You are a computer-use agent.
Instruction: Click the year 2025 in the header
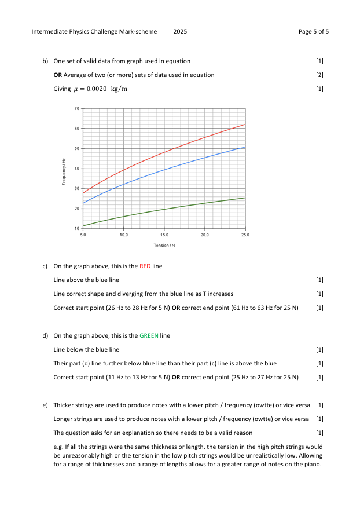pos(180,31)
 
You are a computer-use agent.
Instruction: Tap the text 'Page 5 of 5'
pos(314,31)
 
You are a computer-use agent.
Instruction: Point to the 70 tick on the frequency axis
pos(76,108)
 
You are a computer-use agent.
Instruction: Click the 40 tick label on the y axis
pos(76,169)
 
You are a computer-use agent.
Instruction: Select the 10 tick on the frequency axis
pos(76,229)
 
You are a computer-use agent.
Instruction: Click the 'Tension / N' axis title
pos(164,246)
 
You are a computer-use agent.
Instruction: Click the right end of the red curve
pos(245,125)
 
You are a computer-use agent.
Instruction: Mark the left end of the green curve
pos(83,226)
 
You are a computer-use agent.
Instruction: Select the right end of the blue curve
pos(245,147)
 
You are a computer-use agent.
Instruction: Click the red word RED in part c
pos(145,266)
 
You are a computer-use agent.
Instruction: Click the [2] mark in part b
pos(320,75)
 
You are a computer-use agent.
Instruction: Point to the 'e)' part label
pos(45,404)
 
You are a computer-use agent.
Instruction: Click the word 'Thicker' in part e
pos(63,404)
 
